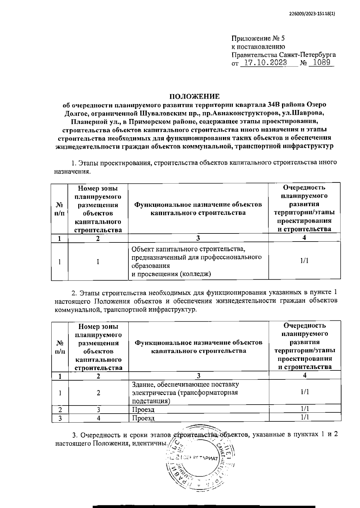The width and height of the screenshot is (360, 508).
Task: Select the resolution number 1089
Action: pyautogui.click(x=321, y=63)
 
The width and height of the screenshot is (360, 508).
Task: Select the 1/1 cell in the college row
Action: pyautogui.click(x=304, y=261)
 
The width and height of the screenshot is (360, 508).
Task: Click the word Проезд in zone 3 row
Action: pyautogui.click(x=143, y=409)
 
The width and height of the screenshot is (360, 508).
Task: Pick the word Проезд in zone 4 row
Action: pyautogui.click(x=143, y=418)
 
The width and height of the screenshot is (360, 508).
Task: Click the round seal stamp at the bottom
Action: pyautogui.click(x=199, y=459)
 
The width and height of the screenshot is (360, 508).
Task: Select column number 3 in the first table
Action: pyautogui.click(x=198, y=238)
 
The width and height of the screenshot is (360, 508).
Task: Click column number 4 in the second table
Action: pyautogui.click(x=304, y=375)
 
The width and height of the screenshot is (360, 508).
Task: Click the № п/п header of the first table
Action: pyautogui.click(x=60, y=209)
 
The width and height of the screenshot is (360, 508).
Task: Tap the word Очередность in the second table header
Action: pyautogui.click(x=304, y=326)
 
